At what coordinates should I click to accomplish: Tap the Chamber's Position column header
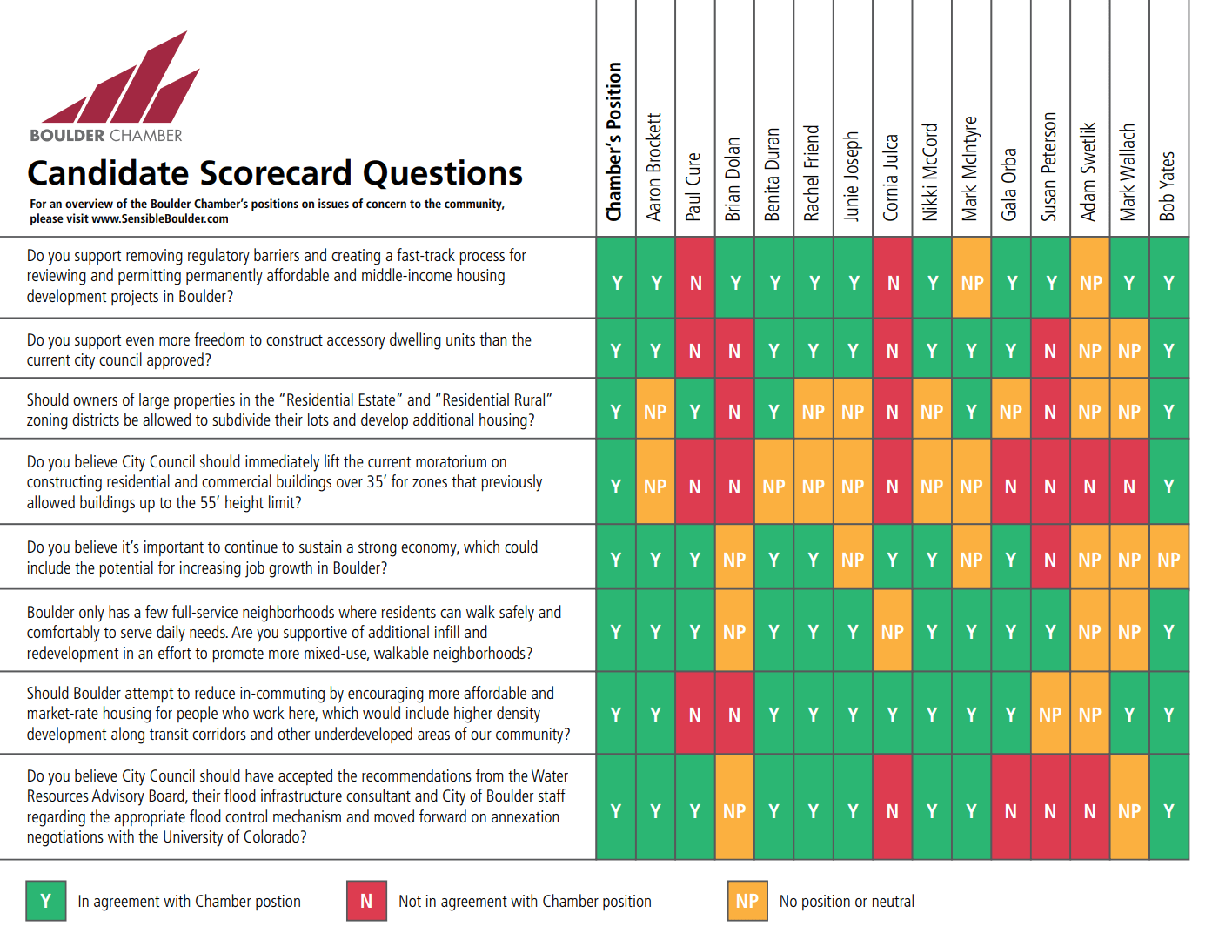point(615,141)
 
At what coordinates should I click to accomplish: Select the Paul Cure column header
point(694,185)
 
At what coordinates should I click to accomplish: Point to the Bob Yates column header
point(1168,185)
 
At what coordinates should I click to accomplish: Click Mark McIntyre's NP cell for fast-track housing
point(972,283)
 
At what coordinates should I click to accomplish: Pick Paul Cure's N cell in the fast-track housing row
point(695,283)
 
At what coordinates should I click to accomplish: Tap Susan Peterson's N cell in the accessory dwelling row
point(1050,351)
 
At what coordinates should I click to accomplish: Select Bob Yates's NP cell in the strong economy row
point(1168,560)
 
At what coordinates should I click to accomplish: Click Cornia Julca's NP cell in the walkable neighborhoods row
point(892,632)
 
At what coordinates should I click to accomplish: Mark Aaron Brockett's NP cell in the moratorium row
point(655,487)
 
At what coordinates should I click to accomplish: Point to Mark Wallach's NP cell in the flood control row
point(1129,811)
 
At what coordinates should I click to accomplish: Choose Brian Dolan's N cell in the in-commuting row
point(734,715)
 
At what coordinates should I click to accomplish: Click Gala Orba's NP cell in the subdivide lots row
point(1011,412)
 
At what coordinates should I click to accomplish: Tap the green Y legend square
point(46,901)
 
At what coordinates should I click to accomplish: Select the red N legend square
point(366,901)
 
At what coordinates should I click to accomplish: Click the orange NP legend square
point(747,901)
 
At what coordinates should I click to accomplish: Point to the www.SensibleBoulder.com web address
point(160,219)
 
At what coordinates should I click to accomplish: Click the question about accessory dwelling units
point(278,350)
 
